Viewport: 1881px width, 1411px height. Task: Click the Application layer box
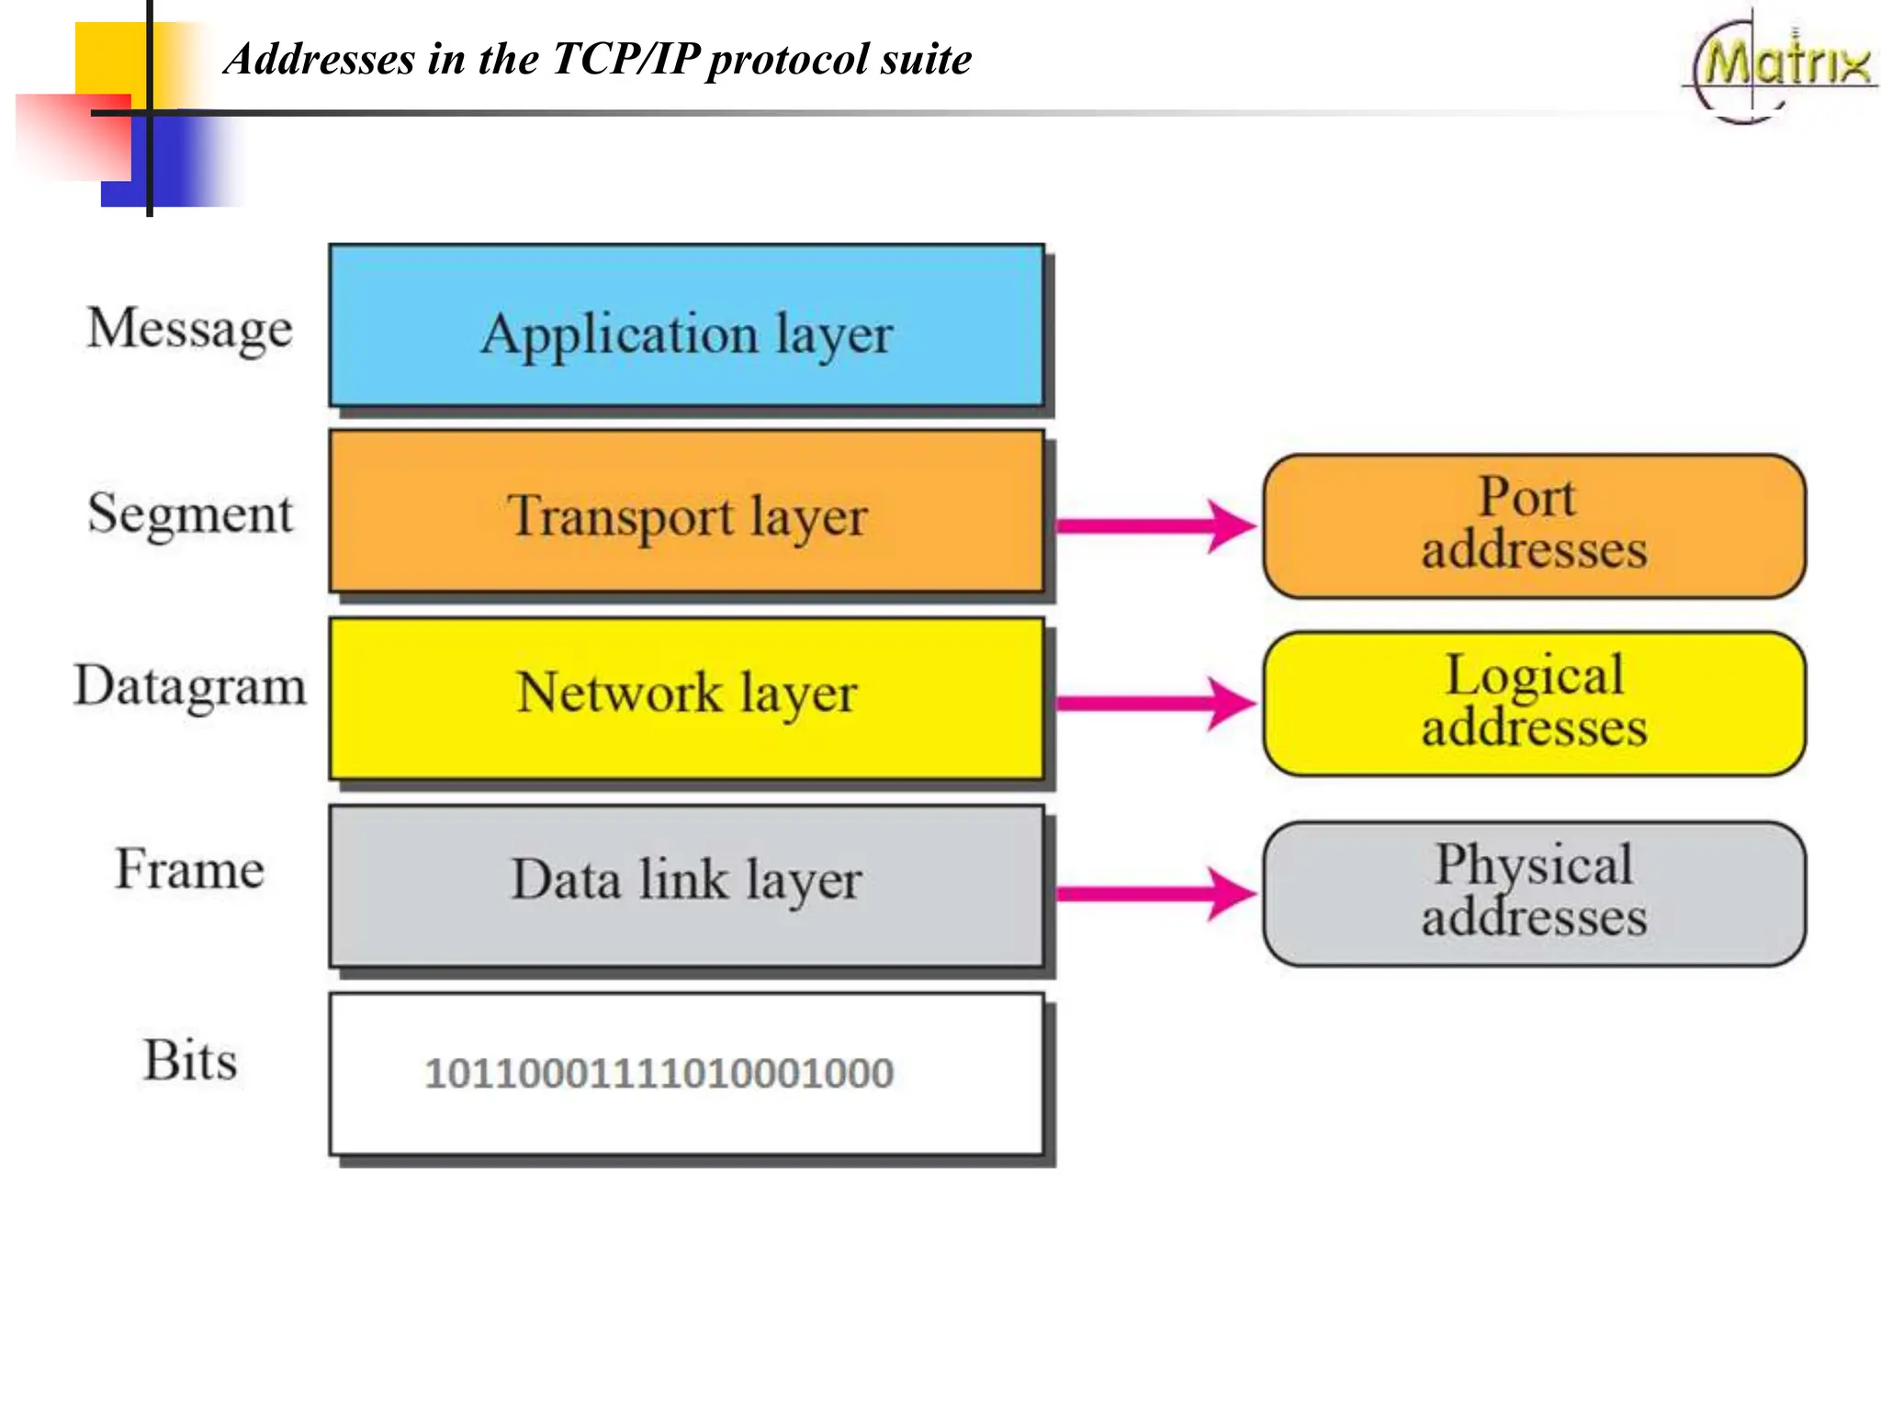(686, 326)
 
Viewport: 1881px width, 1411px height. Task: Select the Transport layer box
(686, 513)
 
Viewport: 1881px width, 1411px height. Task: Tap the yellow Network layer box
(686, 698)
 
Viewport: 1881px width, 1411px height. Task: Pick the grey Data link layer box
(686, 886)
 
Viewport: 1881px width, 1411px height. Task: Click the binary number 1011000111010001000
(659, 1073)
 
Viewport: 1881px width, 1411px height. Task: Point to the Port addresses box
(1534, 526)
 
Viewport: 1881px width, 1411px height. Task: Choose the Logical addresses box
(1534, 704)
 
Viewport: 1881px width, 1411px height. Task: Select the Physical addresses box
(1534, 894)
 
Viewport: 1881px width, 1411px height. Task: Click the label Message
(190, 329)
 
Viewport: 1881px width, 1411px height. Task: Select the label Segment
(190, 514)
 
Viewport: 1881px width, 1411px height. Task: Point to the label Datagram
(190, 687)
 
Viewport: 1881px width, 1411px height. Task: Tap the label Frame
(190, 869)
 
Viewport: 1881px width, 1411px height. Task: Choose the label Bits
(190, 1060)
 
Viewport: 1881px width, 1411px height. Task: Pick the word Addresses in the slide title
(321, 59)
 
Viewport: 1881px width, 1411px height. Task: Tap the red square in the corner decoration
(73, 136)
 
